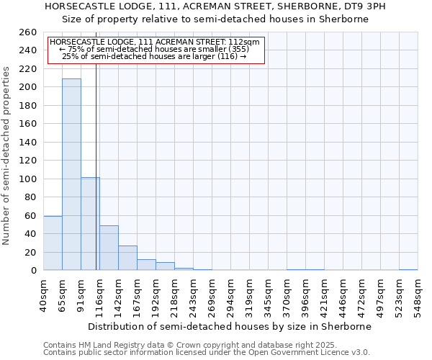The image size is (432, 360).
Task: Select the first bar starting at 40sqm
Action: (53, 243)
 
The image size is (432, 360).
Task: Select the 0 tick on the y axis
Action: (34, 271)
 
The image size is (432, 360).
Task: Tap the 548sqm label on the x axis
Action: (418, 297)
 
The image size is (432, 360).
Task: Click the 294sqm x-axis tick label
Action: (231, 297)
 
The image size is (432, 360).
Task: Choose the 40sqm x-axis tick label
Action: (44, 297)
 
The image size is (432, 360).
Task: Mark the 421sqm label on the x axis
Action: (325, 297)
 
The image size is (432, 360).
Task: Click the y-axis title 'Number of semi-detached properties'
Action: (7, 156)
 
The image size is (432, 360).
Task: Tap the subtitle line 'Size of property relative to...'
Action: (215, 19)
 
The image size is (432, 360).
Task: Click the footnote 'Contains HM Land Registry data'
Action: (165, 346)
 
